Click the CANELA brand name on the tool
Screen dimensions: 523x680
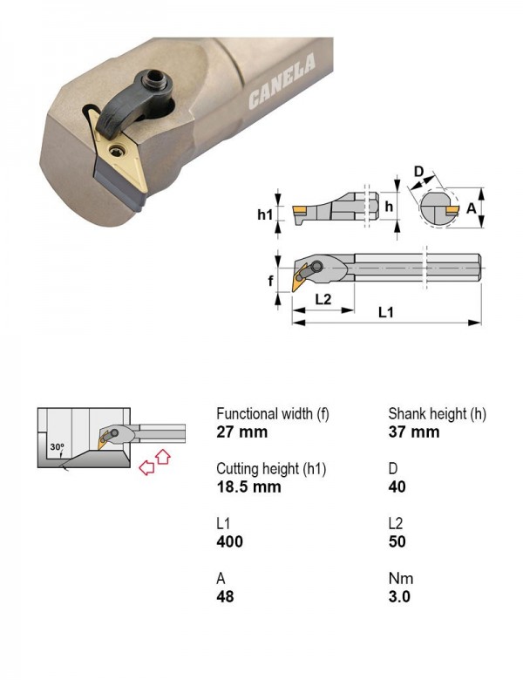click(282, 82)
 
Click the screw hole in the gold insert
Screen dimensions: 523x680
click(117, 151)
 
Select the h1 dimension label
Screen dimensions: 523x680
click(265, 214)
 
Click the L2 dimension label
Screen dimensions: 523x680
click(323, 299)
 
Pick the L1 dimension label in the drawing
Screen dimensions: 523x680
click(385, 312)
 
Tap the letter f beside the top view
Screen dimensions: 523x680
click(270, 281)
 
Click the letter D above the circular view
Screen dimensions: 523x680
click(418, 172)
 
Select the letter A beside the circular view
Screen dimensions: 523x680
click(471, 208)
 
